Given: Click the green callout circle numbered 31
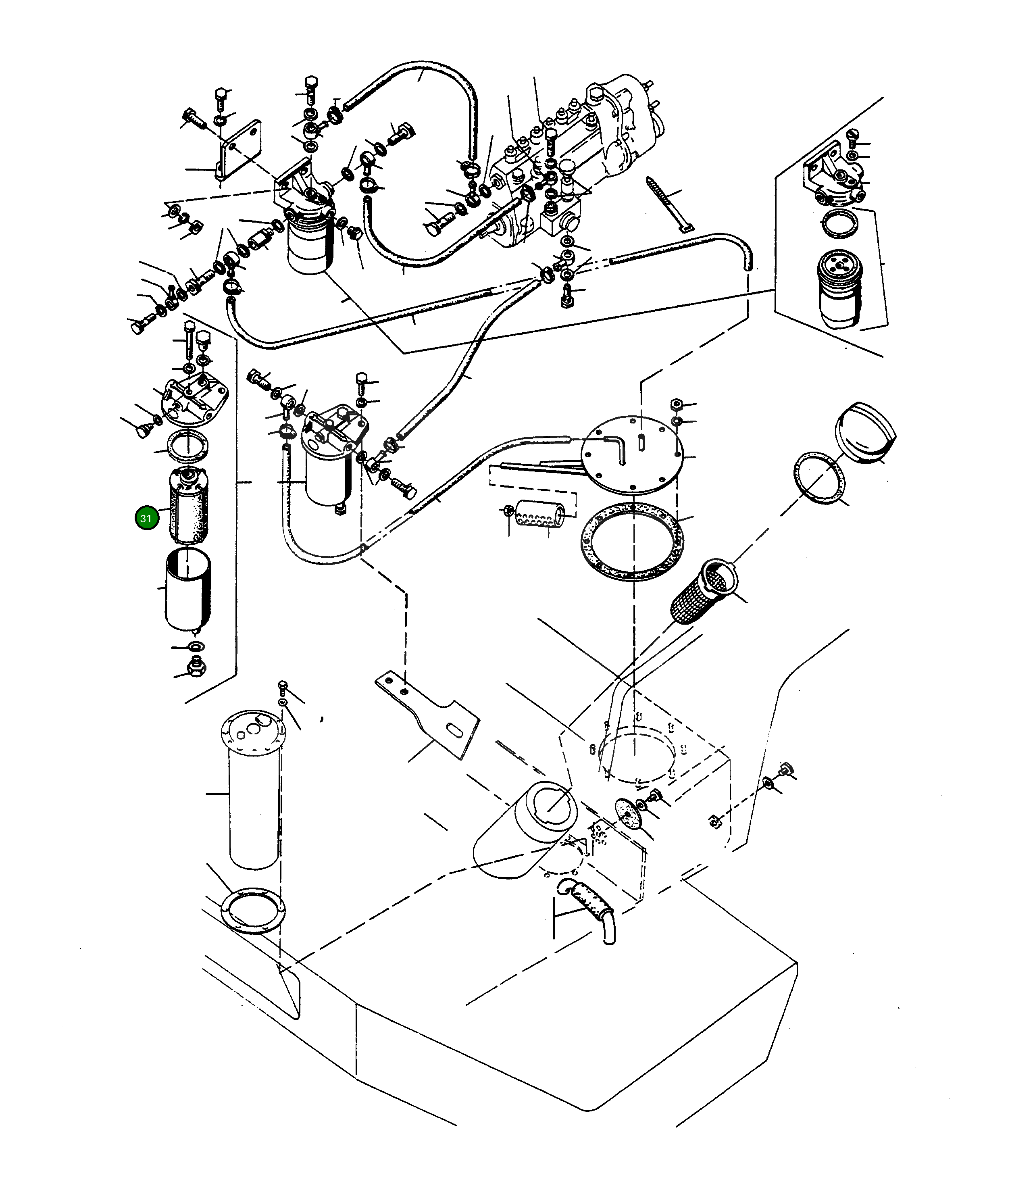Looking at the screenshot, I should [x=146, y=519].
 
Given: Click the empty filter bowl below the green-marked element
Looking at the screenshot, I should [x=188, y=590].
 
